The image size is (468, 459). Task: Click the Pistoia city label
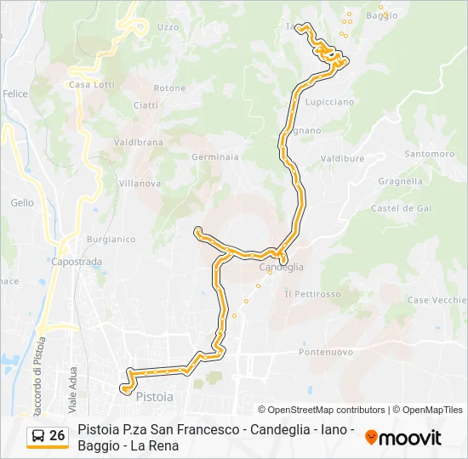(155, 397)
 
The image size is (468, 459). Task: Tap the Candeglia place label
(281, 267)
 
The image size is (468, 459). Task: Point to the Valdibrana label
(138, 143)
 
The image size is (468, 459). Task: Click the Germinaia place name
(215, 157)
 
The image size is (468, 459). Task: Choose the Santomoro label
(430, 154)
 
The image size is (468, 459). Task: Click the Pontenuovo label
(326, 351)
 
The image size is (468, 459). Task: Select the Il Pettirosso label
(312, 293)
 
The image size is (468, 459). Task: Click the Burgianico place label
(111, 240)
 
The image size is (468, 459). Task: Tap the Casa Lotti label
(91, 85)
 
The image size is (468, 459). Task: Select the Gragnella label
(400, 181)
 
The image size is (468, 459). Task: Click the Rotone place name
(169, 88)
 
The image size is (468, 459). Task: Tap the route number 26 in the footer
(57, 436)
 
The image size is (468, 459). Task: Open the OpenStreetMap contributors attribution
(322, 410)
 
